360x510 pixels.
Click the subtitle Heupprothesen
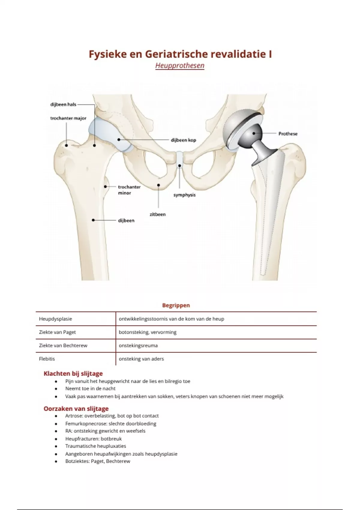pos(180,66)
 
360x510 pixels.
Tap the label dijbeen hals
pos(63,104)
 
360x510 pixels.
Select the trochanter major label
pos(68,118)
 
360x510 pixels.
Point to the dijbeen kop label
pos(183,140)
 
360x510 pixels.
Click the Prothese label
pos(288,133)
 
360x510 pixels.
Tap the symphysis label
pos(184,195)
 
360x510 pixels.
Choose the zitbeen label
pos(157,214)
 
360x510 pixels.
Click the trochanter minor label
pos(129,190)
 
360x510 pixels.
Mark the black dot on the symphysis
pos(179,166)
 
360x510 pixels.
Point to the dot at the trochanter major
pos(67,145)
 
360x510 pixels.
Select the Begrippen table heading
pos(176,305)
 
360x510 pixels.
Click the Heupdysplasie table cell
pos(55,319)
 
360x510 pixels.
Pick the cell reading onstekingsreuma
pos(138,345)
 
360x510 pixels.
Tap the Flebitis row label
pos(47,359)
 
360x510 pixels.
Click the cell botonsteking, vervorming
pos(148,332)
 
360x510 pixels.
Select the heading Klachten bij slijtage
pos(73,373)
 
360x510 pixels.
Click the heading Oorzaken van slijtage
pos(76,409)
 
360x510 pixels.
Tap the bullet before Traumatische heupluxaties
pos(56,446)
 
